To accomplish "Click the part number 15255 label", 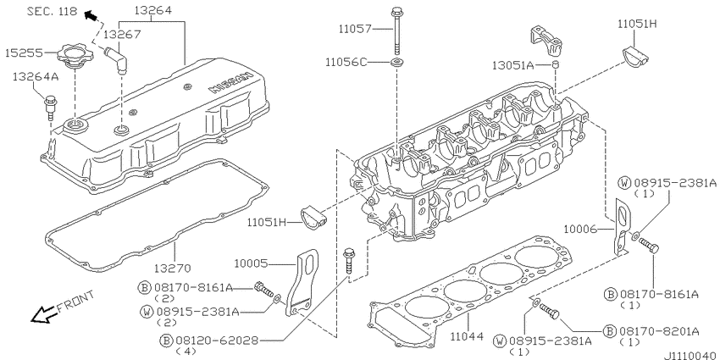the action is click(24, 53).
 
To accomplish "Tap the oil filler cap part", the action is click(73, 56).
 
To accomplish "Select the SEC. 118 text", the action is click(52, 11).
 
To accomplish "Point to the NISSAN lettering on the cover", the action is click(230, 83).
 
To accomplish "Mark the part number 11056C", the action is click(346, 62).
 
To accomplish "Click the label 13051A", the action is click(513, 66).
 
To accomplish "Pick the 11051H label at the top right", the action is click(637, 24).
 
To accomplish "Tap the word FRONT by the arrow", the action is click(76, 302).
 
